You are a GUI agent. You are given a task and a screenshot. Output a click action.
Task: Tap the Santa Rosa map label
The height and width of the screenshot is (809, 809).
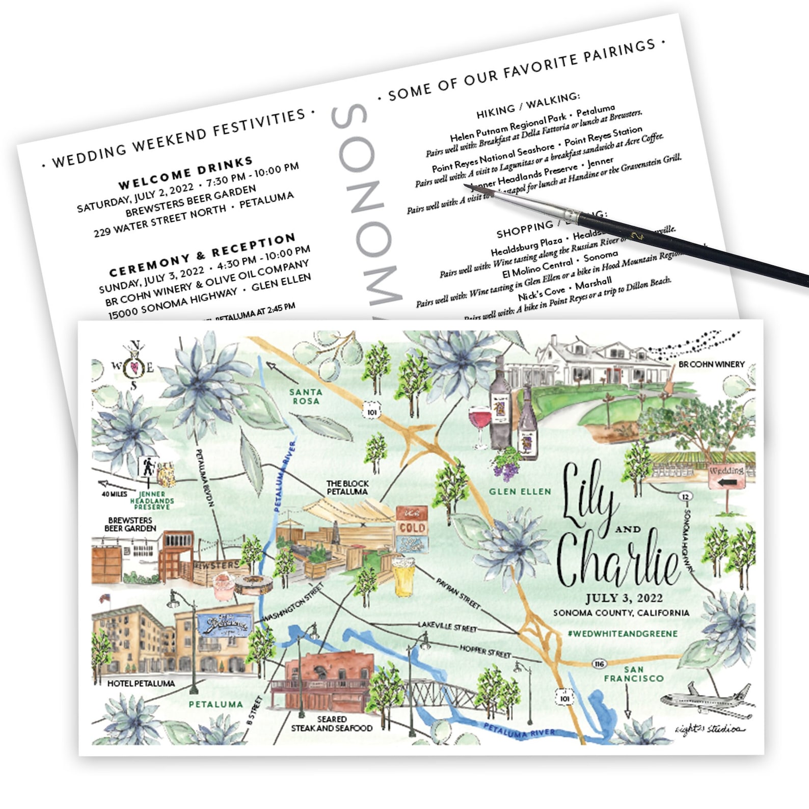[x=305, y=396]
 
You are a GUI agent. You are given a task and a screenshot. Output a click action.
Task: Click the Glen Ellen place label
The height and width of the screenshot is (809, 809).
[x=520, y=492]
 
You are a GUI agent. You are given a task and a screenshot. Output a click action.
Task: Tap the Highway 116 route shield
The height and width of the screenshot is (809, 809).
[x=599, y=664]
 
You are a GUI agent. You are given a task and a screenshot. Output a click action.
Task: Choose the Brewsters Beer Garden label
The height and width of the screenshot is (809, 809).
[x=130, y=524]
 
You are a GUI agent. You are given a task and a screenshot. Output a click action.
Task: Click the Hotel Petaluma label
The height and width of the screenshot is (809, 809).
[x=141, y=683]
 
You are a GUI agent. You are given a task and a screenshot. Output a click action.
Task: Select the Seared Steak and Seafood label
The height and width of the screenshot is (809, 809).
[x=332, y=723]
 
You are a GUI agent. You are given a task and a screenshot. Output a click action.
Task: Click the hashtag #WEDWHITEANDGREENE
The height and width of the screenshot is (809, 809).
[x=622, y=634]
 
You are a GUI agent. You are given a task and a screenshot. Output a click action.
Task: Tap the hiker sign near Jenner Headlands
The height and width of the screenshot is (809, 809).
[x=148, y=467]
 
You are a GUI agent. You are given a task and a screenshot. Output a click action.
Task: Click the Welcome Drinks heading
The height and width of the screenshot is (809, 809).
[x=185, y=173]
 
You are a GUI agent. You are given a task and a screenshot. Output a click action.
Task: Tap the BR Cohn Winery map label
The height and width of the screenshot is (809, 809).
[x=711, y=364]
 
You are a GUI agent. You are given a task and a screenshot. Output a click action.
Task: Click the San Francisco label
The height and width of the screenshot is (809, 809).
[x=634, y=673]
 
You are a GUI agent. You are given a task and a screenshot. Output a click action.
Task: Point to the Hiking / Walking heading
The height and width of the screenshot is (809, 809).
[x=528, y=104]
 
